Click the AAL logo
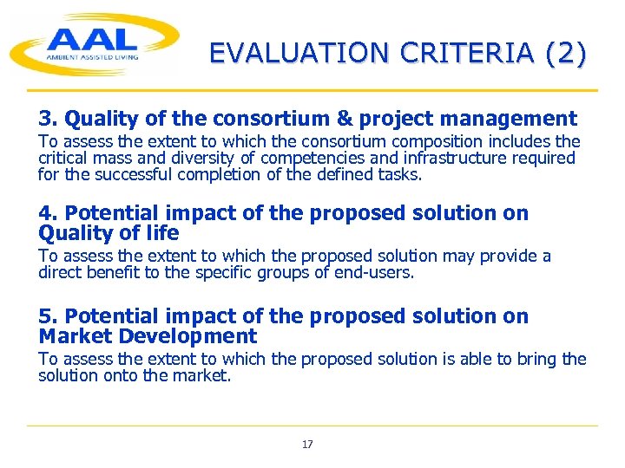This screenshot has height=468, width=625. coord(94,43)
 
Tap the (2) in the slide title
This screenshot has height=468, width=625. coord(566,54)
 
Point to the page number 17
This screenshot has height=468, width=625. coord(307,445)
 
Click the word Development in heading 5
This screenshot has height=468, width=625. coord(194,336)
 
